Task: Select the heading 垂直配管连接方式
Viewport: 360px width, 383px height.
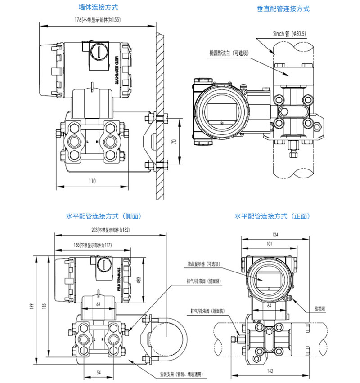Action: pos(283,9)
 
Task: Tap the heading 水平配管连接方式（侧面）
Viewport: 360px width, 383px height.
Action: pos(103,216)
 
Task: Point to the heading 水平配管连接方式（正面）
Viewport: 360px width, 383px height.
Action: pos(272,216)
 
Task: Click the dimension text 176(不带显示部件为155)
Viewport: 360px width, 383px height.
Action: pos(97,20)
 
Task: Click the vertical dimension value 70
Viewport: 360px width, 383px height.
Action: pos(175,141)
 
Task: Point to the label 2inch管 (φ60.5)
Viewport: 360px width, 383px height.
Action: pos(289,34)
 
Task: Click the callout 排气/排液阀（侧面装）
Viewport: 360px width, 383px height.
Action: pos(203,281)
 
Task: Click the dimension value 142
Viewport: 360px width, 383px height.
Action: pos(269,371)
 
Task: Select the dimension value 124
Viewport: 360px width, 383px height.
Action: pos(269,234)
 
